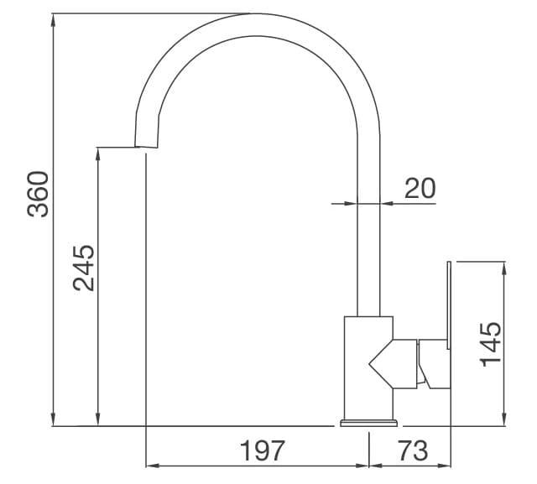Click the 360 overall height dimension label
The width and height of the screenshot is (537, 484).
(x=38, y=194)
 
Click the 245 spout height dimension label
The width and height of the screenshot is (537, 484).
(x=83, y=268)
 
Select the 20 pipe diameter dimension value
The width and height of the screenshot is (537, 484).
(x=420, y=189)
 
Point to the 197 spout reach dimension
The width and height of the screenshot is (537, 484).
(x=263, y=451)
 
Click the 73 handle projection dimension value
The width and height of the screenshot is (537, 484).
(x=411, y=451)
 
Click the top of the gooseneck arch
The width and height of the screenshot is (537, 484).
(x=256, y=23)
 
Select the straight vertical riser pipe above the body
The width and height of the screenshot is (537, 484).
(x=369, y=252)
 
